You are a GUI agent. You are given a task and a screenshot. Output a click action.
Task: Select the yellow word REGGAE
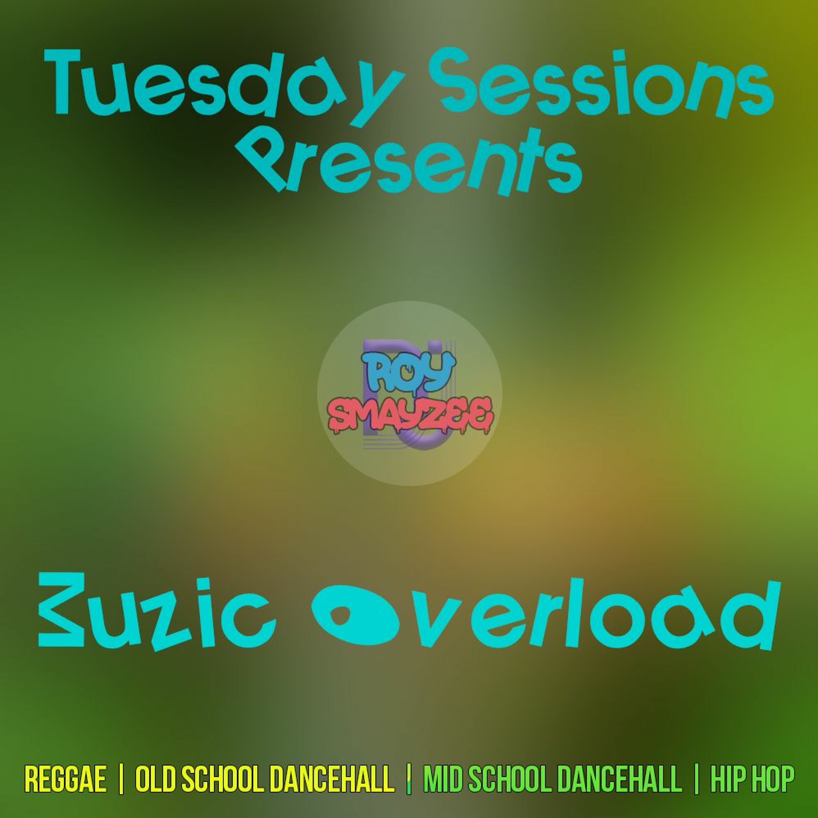click(x=66, y=778)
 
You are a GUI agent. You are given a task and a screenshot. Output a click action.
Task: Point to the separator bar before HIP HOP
click(x=696, y=778)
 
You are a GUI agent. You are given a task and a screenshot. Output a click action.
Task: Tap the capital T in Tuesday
click(x=70, y=83)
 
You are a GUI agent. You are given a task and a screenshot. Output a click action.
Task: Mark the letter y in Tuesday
click(x=379, y=95)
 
